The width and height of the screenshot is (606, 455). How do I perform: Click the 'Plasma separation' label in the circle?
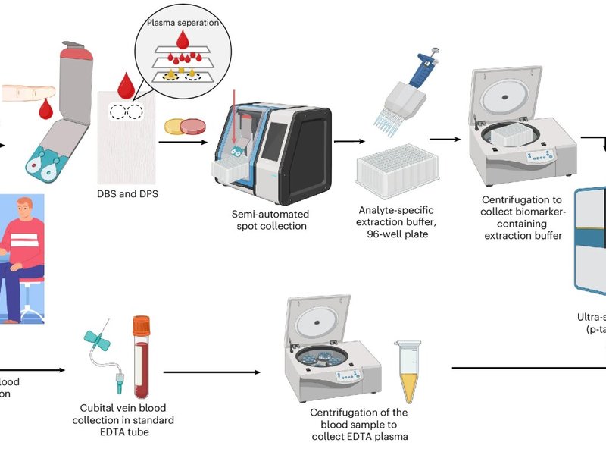click(x=180, y=23)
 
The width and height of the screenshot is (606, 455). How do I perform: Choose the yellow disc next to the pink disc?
click(x=177, y=127)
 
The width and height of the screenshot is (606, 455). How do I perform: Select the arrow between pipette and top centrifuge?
click(x=445, y=140)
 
